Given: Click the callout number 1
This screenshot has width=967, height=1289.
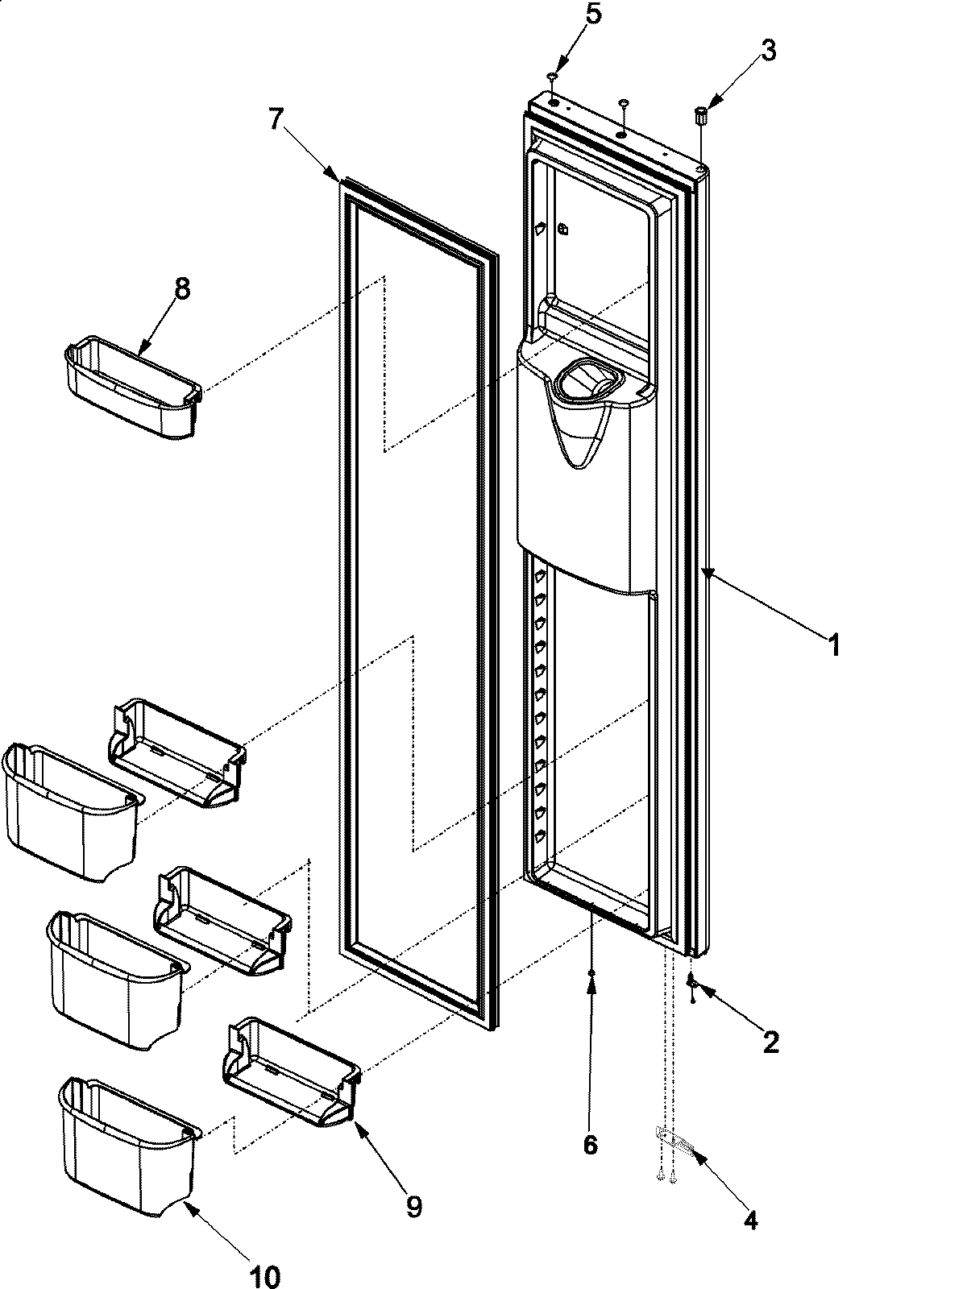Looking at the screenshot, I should click(834, 644).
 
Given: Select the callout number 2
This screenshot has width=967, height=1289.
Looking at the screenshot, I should click(770, 1042).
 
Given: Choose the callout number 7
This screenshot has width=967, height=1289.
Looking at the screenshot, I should click(276, 119).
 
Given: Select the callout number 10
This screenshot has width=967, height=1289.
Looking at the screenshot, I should click(267, 1276).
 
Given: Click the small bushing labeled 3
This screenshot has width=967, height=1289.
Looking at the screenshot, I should click(700, 117).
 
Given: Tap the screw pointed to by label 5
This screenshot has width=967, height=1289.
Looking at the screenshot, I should click(552, 77).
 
